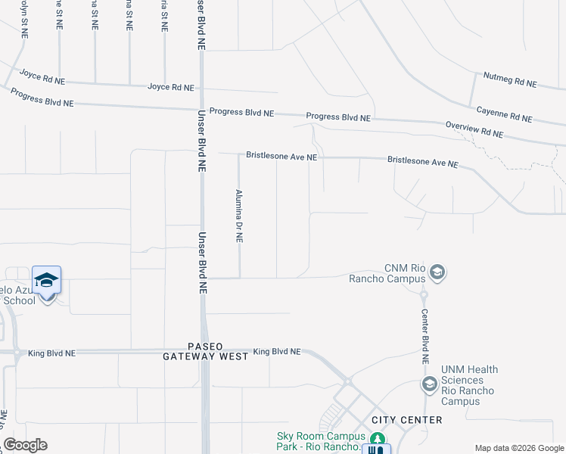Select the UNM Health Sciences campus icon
[429, 385]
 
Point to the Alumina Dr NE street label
[238, 216]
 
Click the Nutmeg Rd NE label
[510, 80]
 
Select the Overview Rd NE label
[474, 129]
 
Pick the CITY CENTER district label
[407, 420]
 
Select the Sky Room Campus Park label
[321, 440]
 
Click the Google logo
[25, 445]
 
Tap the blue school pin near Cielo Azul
[47, 281]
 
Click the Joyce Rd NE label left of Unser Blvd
[42, 77]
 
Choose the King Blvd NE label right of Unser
[277, 352]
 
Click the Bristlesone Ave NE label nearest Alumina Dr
[281, 156]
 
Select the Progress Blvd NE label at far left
[42, 97]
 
